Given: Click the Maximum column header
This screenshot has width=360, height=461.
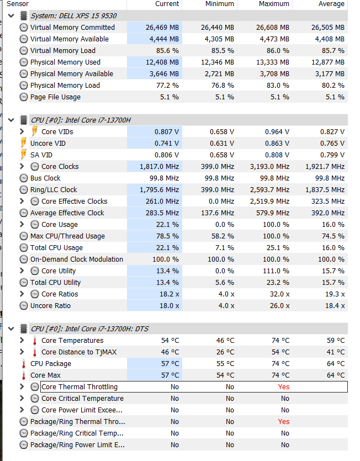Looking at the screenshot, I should pos(274,4).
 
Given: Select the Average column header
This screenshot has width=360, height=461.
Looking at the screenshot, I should pos(332,4).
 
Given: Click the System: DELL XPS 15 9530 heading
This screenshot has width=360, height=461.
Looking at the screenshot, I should pos(73,16).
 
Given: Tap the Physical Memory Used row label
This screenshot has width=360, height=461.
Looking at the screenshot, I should pos(65,62).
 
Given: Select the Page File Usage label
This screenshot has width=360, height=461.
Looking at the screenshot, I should pos(55,97).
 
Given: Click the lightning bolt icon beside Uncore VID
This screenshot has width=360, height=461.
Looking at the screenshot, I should pos(24,144).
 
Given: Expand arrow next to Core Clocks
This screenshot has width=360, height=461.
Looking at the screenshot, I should pos(22,167).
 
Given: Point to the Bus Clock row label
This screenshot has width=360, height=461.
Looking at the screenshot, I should pos(45,178).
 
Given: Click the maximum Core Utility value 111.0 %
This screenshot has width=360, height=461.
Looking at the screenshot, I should pos(275,271).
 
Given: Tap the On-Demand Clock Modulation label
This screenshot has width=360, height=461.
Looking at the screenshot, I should pos(77,259).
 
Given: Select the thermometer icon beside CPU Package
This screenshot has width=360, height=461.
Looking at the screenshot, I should pos(24,364).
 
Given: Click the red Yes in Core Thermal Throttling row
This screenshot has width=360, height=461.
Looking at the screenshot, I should pos(283,387).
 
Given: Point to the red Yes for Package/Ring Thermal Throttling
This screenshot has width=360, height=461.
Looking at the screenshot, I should pos(283,422).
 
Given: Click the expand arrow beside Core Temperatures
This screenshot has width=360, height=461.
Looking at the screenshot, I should pos(22,341).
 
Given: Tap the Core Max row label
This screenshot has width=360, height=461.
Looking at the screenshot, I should pos(45,375).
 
